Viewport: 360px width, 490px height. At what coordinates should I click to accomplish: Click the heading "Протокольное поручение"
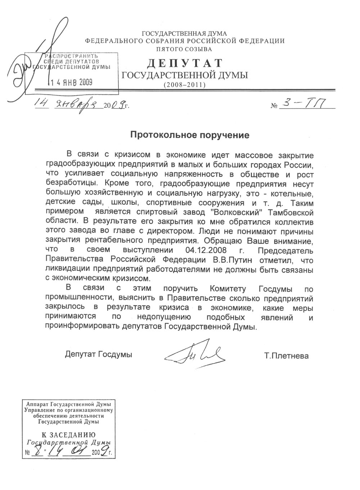189,135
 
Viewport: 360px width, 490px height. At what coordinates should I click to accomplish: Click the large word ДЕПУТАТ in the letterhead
185,63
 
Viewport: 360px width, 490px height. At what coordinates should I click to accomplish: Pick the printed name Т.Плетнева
286,356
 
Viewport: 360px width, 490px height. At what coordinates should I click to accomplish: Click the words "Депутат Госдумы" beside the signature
99,355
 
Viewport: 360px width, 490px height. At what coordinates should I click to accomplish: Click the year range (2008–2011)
185,85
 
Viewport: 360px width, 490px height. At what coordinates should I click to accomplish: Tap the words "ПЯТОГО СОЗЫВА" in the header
185,49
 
